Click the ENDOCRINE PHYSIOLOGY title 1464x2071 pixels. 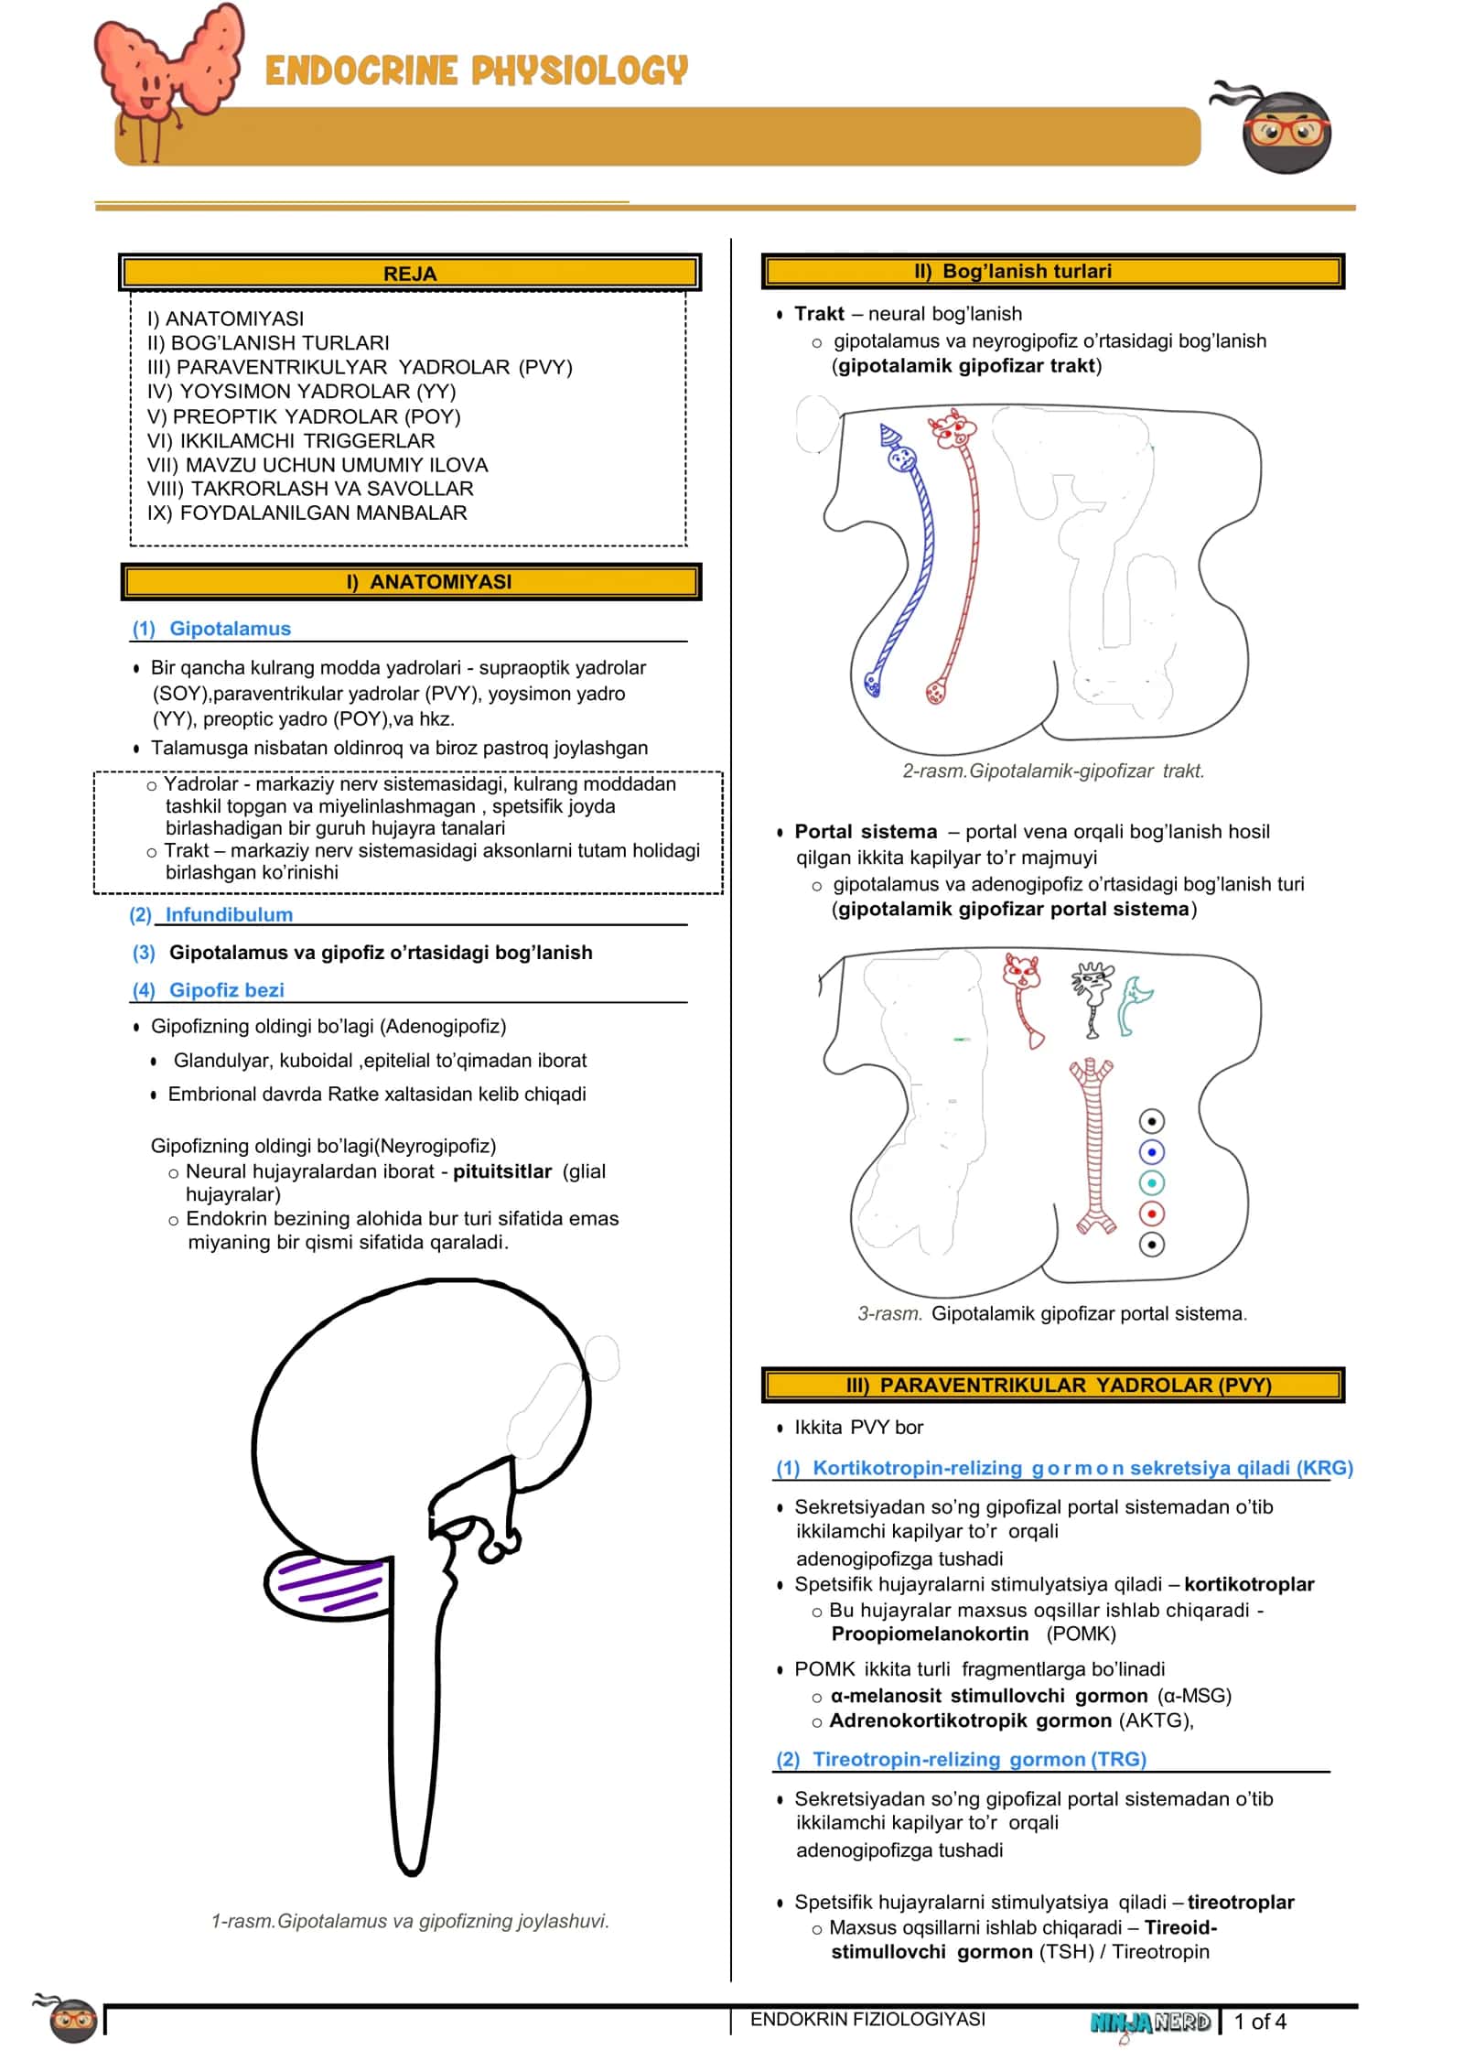pyautogui.click(x=476, y=70)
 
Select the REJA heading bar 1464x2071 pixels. pyautogui.click(x=410, y=273)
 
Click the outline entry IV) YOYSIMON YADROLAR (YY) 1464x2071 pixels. pyautogui.click(x=301, y=392)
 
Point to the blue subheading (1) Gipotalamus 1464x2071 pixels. pyautogui.click(x=211, y=629)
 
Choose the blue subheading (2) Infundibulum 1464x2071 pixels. pyautogui.click(x=211, y=914)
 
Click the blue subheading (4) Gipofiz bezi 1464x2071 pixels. pyautogui.click(x=208, y=990)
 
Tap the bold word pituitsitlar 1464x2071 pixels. pyautogui.click(x=502, y=1171)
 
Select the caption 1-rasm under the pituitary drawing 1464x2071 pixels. pyautogui.click(x=410, y=1921)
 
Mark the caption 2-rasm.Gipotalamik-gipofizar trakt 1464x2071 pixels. pyautogui.click(x=1053, y=771)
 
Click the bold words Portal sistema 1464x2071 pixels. pyautogui.click(x=866, y=832)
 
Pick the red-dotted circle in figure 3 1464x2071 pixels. pyautogui.click(x=1152, y=1213)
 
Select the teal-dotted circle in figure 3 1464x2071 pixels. pyautogui.click(x=1152, y=1182)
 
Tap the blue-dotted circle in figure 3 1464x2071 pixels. pyautogui.click(x=1152, y=1151)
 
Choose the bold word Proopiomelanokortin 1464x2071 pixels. pyautogui.click(x=930, y=1634)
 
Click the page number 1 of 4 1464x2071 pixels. pyautogui.click(x=1260, y=2022)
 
